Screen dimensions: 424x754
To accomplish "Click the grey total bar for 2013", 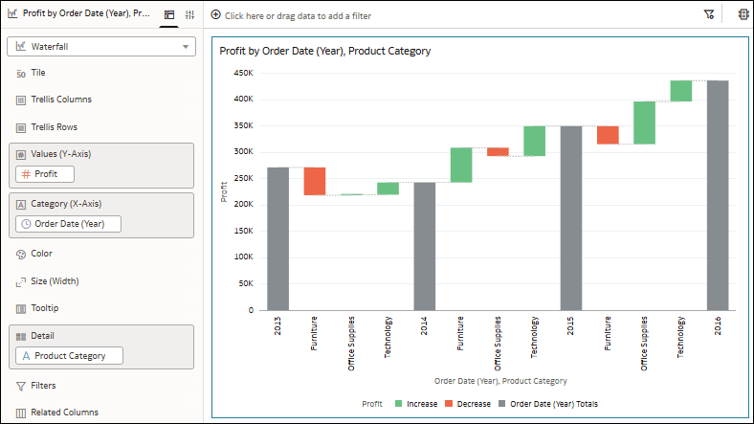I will pyautogui.click(x=277, y=238).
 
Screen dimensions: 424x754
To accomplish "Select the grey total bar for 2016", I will pyautogui.click(x=717, y=195).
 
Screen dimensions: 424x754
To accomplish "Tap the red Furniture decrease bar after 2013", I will pyautogui.click(x=315, y=181).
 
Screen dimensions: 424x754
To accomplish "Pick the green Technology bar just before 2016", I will pyautogui.click(x=680, y=91).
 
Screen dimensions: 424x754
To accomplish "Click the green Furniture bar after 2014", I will pyautogui.click(x=461, y=165).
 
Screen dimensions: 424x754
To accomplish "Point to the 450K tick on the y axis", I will pyautogui.click(x=242, y=72).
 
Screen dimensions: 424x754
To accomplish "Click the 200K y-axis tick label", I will pyautogui.click(x=242, y=204).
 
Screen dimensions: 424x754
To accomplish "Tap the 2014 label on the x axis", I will pyautogui.click(x=425, y=326).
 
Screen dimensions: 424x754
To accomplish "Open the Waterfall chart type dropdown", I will pyautogui.click(x=100, y=46).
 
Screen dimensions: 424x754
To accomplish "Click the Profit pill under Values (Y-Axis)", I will pyautogui.click(x=45, y=173).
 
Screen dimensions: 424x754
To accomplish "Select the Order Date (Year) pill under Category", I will pyautogui.click(x=68, y=224).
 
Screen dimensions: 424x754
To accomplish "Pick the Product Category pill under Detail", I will pyautogui.click(x=69, y=355).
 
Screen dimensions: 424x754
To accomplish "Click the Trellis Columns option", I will pyautogui.click(x=62, y=100).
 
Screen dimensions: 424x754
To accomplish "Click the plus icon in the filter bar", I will pyautogui.click(x=215, y=15).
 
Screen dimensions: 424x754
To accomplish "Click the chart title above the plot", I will pyautogui.click(x=324, y=51).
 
